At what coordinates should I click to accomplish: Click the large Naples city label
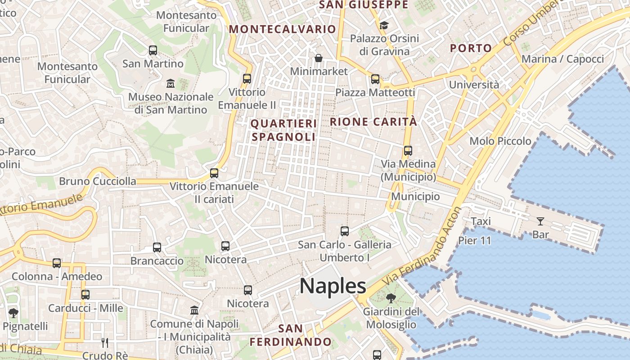pyautogui.click(x=333, y=286)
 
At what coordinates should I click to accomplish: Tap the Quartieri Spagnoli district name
pyautogui.click(x=284, y=130)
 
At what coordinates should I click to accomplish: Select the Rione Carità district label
pyautogui.click(x=373, y=121)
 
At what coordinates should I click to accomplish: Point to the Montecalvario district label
pyautogui.click(x=283, y=29)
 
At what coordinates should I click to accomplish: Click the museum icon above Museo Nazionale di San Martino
pyautogui.click(x=171, y=84)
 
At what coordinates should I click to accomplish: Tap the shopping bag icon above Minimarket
pyautogui.click(x=319, y=58)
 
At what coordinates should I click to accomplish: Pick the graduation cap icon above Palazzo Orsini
pyautogui.click(x=384, y=25)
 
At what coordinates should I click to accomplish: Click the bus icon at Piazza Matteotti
pyautogui.click(x=375, y=79)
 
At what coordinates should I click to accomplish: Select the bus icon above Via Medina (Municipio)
pyautogui.click(x=408, y=151)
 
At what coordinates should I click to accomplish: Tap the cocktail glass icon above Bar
pyautogui.click(x=540, y=221)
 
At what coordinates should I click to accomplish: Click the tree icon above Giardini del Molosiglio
pyautogui.click(x=391, y=298)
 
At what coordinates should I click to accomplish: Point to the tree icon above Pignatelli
pyautogui.click(x=13, y=313)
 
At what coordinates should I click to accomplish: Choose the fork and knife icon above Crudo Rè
pyautogui.click(x=105, y=343)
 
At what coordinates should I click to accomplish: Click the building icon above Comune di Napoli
pyautogui.click(x=194, y=310)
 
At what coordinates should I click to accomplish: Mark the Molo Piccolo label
pyautogui.click(x=500, y=141)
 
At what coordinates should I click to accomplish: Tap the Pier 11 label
pyautogui.click(x=475, y=241)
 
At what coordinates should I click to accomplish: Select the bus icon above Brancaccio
pyautogui.click(x=157, y=247)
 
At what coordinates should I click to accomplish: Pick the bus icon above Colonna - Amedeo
pyautogui.click(x=57, y=263)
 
